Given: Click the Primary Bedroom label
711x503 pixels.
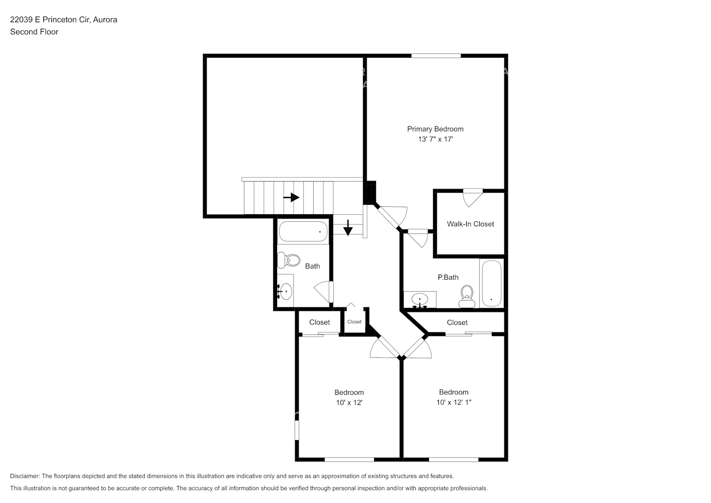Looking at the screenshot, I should tap(435, 129).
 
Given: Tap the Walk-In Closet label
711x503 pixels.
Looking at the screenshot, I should tap(470, 224).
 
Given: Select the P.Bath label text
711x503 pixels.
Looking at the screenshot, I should tap(448, 277).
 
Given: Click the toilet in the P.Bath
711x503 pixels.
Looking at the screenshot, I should tap(467, 296).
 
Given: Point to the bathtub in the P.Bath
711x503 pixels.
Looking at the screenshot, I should tap(491, 283).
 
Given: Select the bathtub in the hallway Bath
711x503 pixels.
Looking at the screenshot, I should tap(303, 232).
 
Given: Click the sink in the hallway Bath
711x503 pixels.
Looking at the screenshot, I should tap(286, 291).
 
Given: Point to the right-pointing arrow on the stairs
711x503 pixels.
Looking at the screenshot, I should tap(291, 198).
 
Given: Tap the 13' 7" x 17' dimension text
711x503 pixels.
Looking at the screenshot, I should tap(435, 139).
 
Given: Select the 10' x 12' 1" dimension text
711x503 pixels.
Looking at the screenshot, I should tap(454, 402).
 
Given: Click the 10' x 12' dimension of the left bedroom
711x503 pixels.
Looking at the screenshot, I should tap(349, 402).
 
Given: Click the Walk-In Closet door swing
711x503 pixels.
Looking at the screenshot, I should tap(472, 197).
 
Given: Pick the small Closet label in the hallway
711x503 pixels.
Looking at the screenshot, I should tap(354, 322).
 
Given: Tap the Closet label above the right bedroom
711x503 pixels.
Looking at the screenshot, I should tap(457, 322).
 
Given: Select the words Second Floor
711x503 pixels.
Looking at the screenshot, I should tap(34, 32).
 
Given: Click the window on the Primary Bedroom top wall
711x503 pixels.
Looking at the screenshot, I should tap(436, 56).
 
